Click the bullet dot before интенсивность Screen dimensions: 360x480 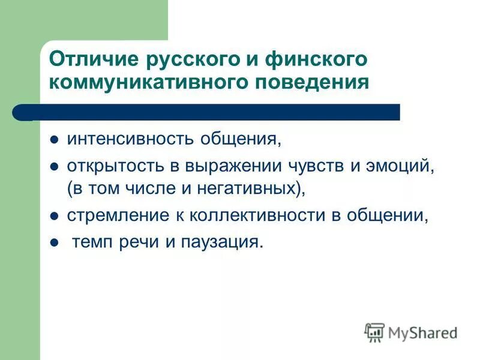click(x=53, y=140)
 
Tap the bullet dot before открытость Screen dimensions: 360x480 click(x=53, y=167)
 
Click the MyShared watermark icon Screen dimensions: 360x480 click(x=374, y=332)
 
